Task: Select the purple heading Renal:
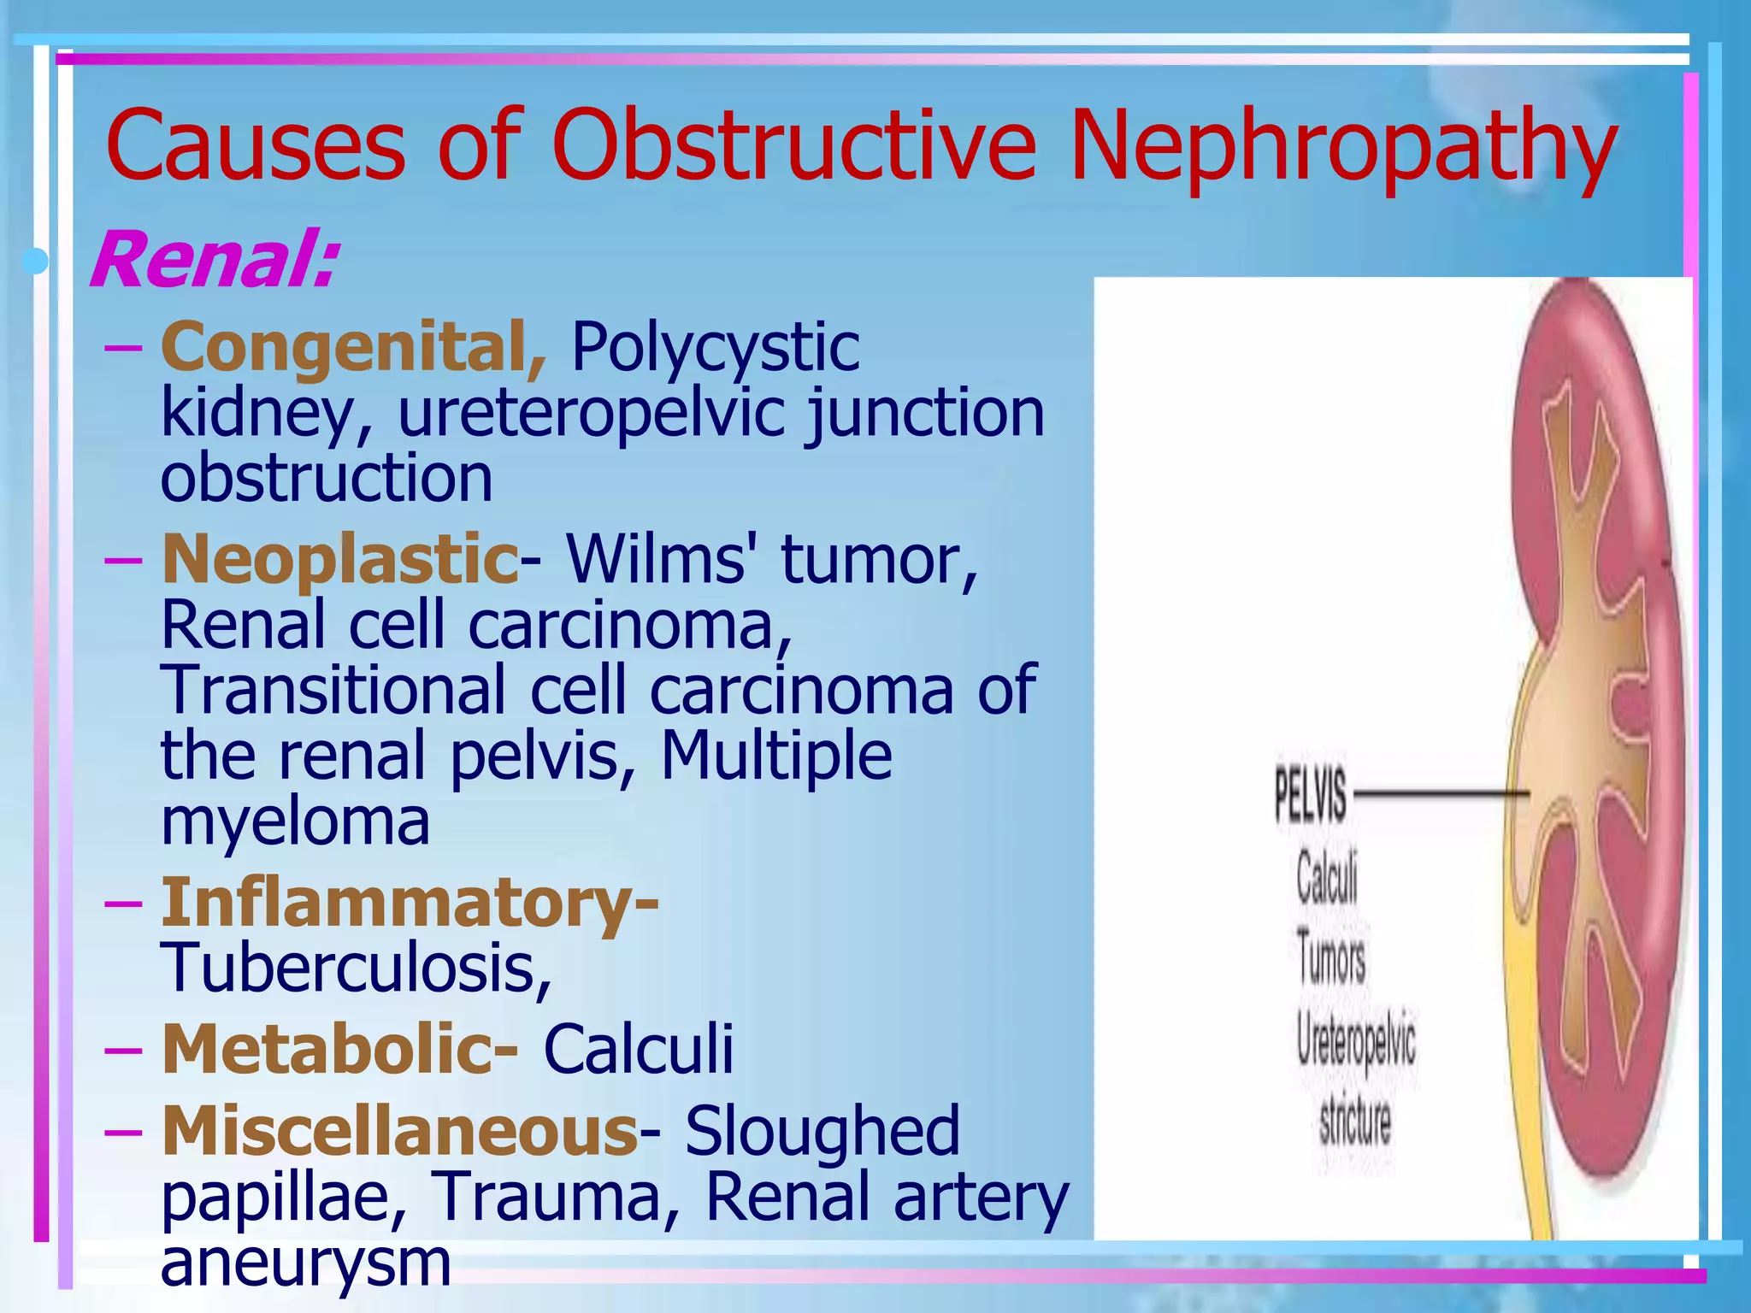tap(214, 260)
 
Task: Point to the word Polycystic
tap(715, 347)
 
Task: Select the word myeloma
tap(295, 822)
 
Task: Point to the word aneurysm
tap(305, 1263)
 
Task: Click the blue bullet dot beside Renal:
tap(36, 261)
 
